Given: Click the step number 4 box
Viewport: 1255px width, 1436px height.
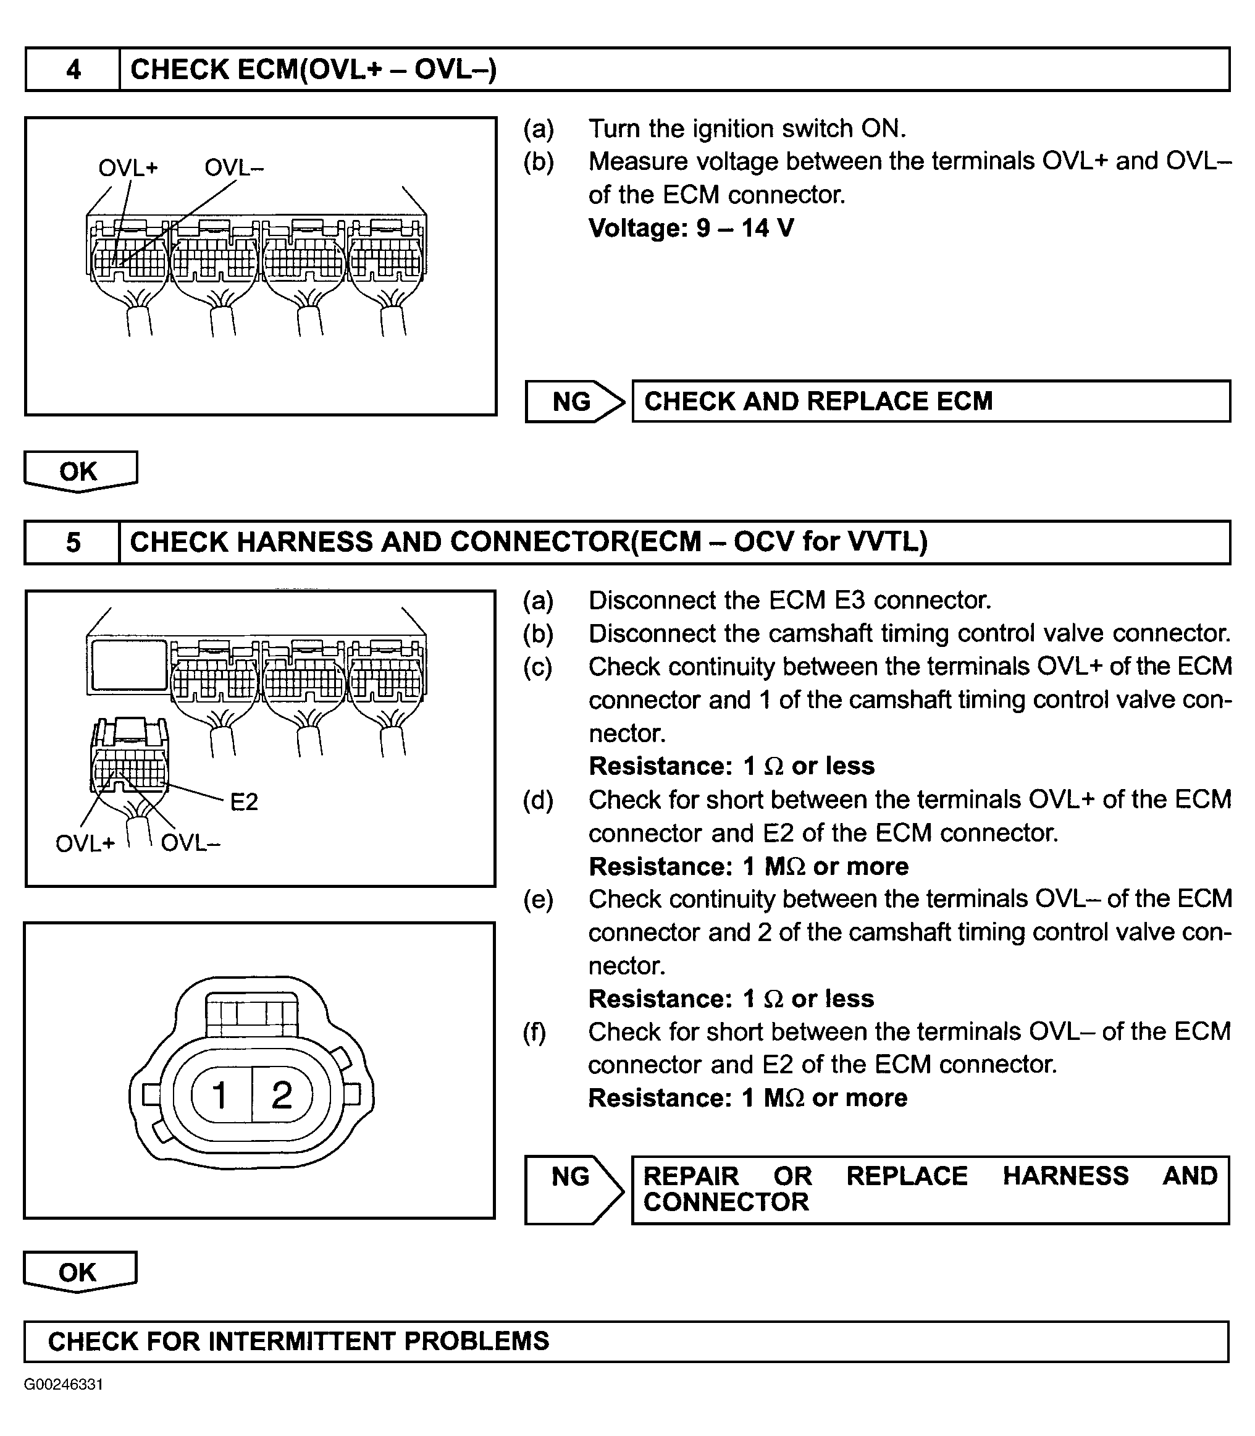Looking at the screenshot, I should point(73,69).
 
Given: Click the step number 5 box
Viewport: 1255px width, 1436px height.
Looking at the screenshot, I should point(73,542).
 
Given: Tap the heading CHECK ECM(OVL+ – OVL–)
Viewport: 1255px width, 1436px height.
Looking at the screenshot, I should point(313,69).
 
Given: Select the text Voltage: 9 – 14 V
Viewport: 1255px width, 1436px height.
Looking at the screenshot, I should point(690,227).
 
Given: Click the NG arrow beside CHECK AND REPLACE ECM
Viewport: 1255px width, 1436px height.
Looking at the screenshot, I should point(573,402).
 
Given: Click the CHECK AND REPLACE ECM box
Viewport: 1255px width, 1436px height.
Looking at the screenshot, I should point(930,402).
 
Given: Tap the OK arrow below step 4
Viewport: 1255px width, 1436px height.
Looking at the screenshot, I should point(79,471).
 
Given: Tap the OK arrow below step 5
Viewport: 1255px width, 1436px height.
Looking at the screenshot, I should point(79,1272).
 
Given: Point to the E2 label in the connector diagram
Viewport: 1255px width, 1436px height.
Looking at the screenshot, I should point(244,801).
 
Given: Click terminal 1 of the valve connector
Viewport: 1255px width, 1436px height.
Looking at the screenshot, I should point(220,1095).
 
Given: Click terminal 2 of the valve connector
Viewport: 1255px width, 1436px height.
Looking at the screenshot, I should point(282,1095).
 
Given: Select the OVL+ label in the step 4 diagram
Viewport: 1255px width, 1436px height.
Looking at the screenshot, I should point(128,168).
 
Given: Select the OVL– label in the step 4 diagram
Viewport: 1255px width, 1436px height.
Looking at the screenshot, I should point(234,168).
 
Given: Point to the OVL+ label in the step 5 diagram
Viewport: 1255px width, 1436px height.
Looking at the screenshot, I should point(85,843).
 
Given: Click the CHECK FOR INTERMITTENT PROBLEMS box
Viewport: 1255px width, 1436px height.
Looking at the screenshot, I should point(626,1341).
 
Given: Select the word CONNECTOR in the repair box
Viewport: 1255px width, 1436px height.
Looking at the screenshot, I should point(726,1202).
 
